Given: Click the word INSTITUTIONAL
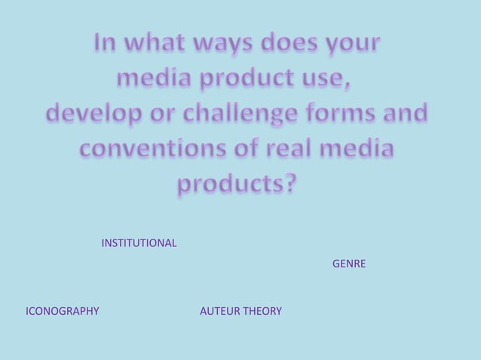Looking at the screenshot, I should coord(139,243).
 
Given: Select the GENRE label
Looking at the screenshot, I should coord(349,264).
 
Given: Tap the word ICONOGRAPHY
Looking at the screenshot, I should coord(63,311).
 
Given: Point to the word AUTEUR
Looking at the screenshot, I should coord(220,311).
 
